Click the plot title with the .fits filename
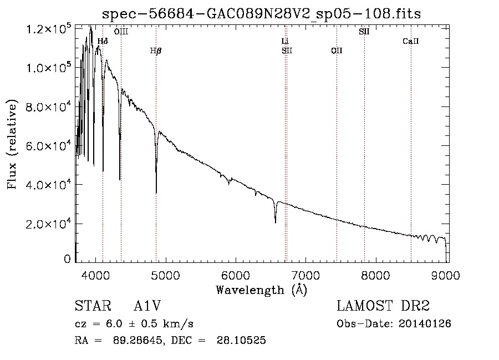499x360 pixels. tap(262, 14)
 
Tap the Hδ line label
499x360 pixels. tap(103, 41)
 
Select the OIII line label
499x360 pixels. tap(121, 32)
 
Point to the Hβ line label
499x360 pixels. tap(156, 51)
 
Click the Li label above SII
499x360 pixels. tap(286, 41)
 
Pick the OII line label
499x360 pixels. tap(337, 51)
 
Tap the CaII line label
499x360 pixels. tap(411, 41)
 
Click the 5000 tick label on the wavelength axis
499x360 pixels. tap(165, 275)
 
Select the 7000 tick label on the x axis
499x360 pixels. tap(307, 275)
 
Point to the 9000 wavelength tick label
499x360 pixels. tap(447, 275)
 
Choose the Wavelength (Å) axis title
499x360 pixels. tap(261, 290)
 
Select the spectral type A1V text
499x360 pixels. tap(147, 306)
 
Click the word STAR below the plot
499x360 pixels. tap(89, 306)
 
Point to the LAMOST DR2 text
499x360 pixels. tap(383, 306)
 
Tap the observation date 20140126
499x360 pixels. tap(425, 323)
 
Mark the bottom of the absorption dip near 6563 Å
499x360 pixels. tap(276, 222)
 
